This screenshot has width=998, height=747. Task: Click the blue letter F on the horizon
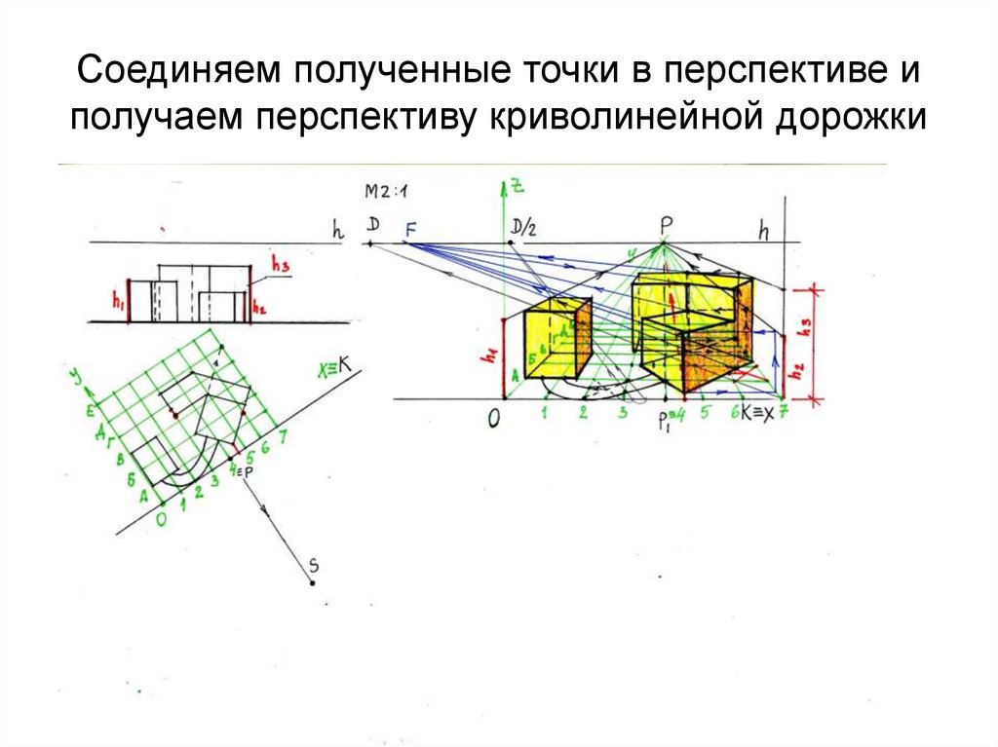click(410, 229)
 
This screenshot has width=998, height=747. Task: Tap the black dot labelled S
click(312, 582)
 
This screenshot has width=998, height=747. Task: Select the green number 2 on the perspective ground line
click(582, 414)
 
